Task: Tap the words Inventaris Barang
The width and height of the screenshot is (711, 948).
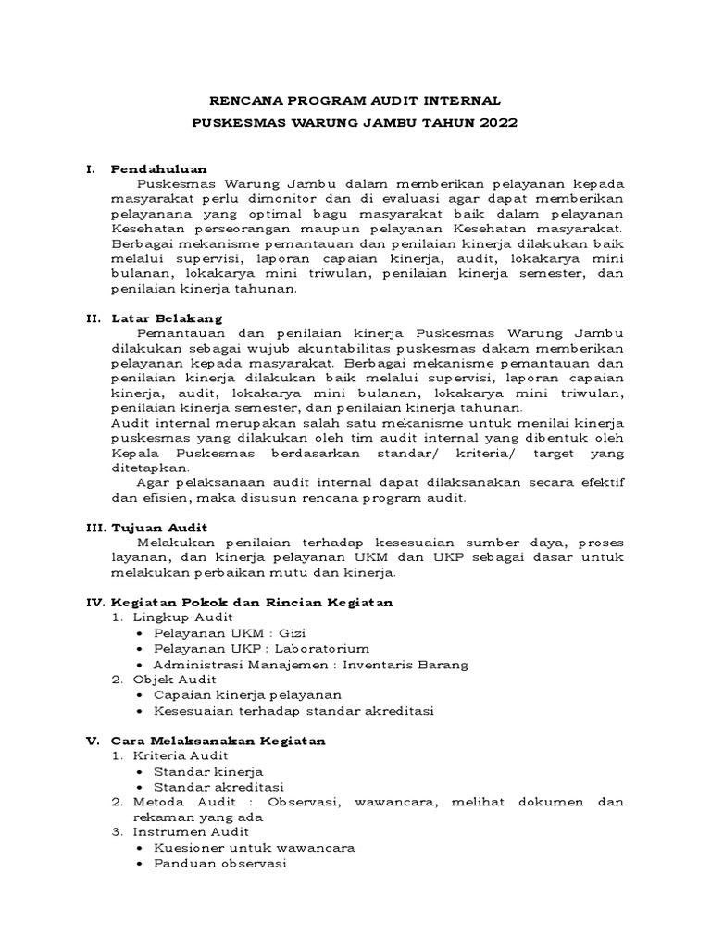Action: coord(405,664)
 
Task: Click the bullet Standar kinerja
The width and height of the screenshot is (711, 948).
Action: coord(208,770)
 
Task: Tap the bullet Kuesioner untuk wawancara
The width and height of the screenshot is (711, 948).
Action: coord(255,847)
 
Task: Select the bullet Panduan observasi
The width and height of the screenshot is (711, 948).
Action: coord(220,863)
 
